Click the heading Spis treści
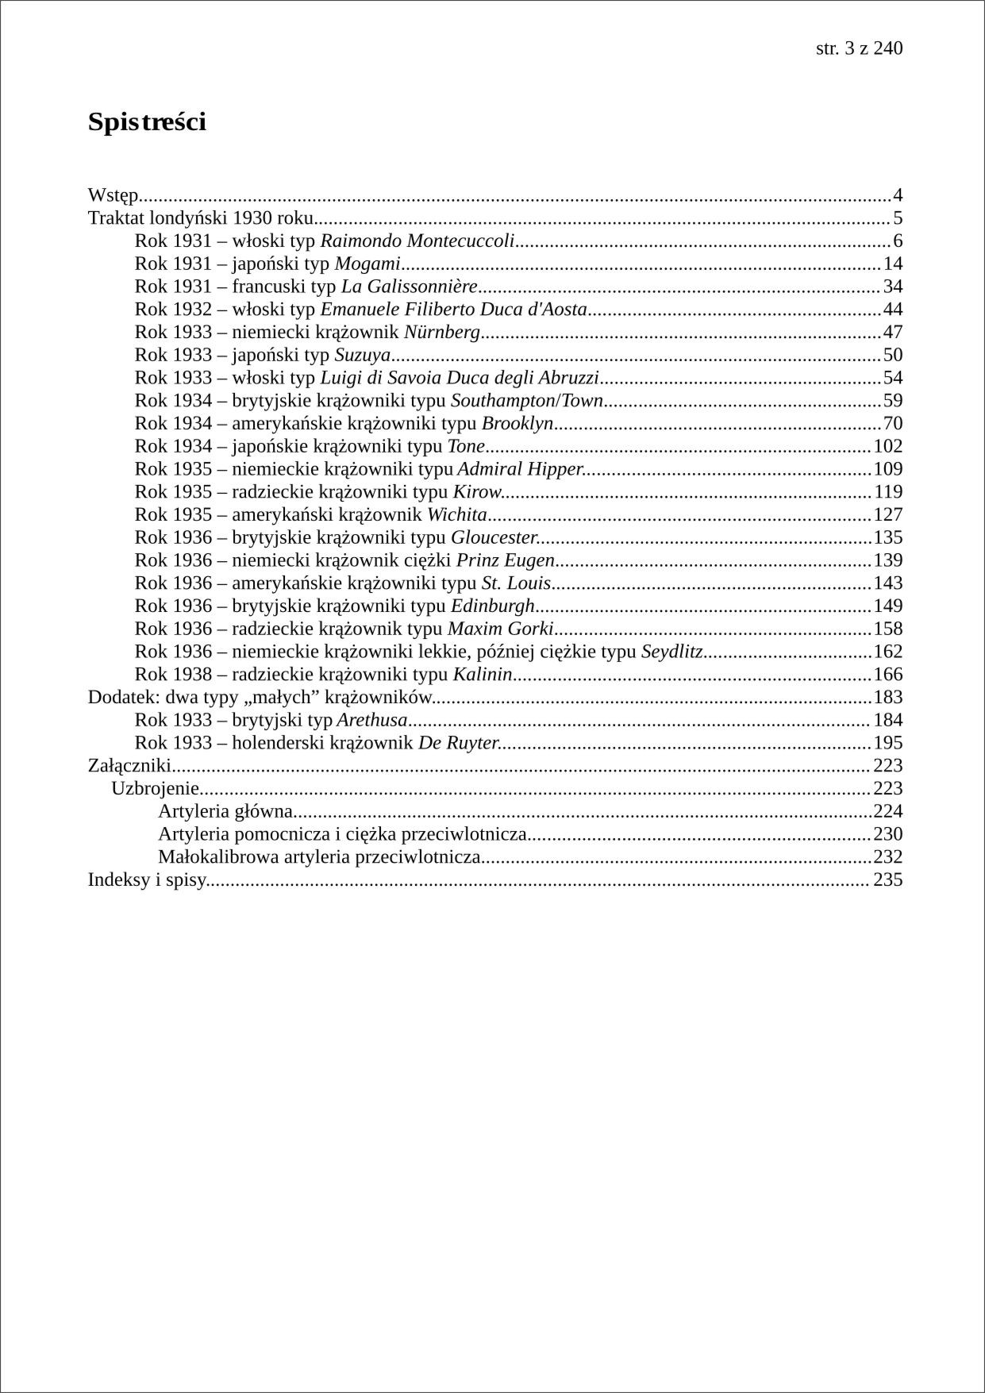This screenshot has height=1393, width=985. (x=147, y=122)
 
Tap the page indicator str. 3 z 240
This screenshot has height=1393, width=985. (x=859, y=48)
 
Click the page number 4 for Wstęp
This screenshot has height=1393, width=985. (x=898, y=195)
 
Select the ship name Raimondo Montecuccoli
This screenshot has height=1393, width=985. (x=417, y=241)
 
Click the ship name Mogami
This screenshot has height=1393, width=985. (x=367, y=264)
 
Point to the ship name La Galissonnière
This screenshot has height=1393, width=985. (x=409, y=287)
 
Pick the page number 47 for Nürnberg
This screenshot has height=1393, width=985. (x=893, y=333)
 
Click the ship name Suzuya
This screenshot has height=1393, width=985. (x=362, y=356)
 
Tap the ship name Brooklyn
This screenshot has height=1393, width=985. (x=517, y=424)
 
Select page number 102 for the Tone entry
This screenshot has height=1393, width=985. (x=888, y=447)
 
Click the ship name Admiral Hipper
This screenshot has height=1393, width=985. (x=520, y=470)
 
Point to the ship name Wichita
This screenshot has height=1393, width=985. (x=456, y=515)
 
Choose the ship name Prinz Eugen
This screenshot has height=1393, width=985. (x=505, y=561)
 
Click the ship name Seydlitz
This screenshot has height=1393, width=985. (x=671, y=652)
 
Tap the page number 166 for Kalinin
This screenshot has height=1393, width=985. (x=888, y=675)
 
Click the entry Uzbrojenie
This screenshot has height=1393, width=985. (x=155, y=789)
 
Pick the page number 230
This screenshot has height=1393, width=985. (x=888, y=835)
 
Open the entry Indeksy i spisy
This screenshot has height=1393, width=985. (x=147, y=880)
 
